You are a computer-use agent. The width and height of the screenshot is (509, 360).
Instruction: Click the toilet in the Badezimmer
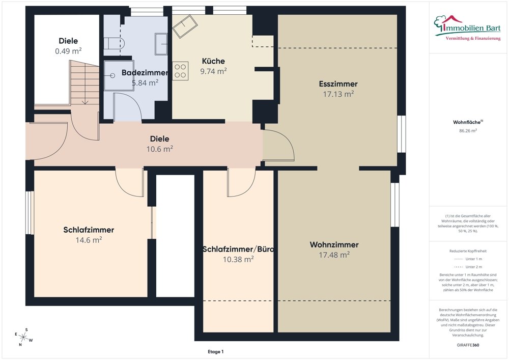click(114, 43)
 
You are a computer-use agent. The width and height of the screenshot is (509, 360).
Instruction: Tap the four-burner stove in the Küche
click(180, 71)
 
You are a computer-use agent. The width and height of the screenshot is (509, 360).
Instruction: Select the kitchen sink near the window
click(185, 25)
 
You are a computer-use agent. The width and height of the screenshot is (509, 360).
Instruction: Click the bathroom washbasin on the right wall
click(161, 43)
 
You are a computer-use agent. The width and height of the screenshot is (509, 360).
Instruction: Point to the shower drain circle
click(112, 76)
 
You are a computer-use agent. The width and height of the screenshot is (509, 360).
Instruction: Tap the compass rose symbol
click(23, 337)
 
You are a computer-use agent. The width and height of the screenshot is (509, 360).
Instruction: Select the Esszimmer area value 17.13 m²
click(338, 94)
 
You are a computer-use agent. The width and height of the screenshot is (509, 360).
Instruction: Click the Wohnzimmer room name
click(334, 244)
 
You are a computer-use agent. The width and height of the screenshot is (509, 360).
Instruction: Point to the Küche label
click(213, 61)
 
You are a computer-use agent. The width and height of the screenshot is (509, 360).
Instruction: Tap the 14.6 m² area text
click(89, 240)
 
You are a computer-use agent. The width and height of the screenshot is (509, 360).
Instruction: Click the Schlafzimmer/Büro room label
click(238, 249)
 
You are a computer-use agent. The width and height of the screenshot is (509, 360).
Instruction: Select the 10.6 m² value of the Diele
click(159, 149)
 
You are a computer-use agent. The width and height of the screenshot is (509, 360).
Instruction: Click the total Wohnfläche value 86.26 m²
click(468, 130)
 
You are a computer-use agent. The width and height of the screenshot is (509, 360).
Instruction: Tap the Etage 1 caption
click(215, 351)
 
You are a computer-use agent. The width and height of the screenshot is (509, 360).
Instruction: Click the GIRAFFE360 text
click(468, 345)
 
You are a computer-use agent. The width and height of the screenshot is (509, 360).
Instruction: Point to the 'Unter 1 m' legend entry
click(468, 259)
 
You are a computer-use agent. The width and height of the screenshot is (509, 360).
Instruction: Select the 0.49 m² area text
click(68, 51)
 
